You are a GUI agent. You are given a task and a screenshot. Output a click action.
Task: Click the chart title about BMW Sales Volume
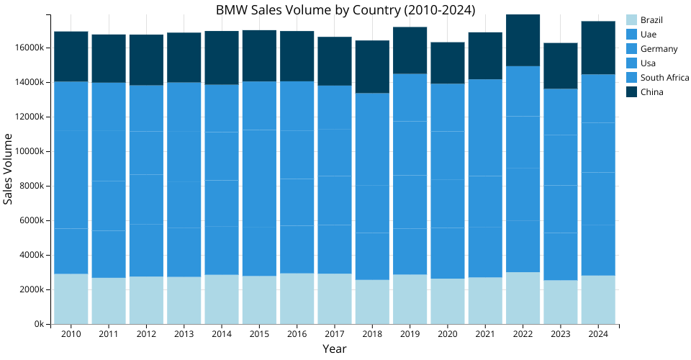(345, 9)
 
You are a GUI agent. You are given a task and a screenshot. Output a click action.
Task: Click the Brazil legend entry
(651, 20)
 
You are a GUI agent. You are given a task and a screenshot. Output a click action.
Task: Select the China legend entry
(651, 92)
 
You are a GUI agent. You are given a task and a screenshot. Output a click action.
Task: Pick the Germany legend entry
(659, 49)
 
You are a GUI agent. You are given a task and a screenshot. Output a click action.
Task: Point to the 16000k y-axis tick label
(29, 48)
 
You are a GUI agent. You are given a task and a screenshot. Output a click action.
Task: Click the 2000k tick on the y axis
(31, 290)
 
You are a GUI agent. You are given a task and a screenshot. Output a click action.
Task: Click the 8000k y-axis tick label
(31, 186)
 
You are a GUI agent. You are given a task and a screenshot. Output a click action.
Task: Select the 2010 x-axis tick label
(71, 334)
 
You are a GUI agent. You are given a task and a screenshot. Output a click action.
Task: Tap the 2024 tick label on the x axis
(598, 334)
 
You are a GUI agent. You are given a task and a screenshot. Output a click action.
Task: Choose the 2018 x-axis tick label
(372, 334)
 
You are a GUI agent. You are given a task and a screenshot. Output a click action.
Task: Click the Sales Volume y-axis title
(9, 168)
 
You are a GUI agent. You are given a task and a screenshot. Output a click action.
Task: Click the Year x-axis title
(335, 349)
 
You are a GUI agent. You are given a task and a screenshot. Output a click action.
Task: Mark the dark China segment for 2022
(523, 40)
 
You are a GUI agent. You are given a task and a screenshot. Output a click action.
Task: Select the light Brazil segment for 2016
(297, 299)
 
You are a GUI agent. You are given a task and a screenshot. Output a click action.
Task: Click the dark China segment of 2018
(372, 67)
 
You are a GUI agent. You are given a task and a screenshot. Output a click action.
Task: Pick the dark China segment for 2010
(71, 57)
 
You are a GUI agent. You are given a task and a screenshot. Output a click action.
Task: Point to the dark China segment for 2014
(221, 58)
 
